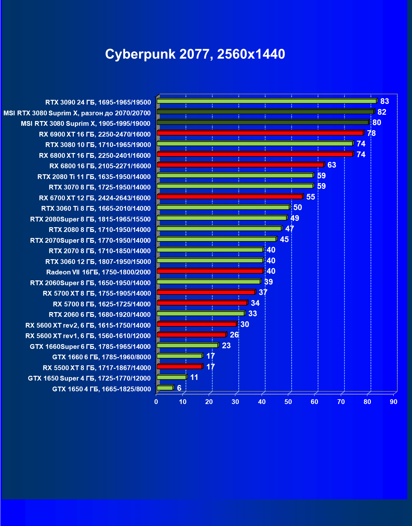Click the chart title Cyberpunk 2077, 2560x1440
click(195, 54)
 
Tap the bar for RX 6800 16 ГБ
click(240, 165)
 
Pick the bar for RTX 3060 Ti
click(223, 207)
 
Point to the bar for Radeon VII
click(210, 271)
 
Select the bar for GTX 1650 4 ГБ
click(165, 388)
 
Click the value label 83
click(384, 101)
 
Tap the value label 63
click(332, 165)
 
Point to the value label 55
click(310, 197)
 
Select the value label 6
click(179, 388)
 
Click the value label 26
click(234, 335)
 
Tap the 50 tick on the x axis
click(288, 402)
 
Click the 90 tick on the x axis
click(394, 402)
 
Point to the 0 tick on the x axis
click(156, 402)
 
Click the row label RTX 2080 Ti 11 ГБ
click(94, 176)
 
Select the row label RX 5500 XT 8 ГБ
click(97, 368)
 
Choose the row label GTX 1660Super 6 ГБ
click(90, 346)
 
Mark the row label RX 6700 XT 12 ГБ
click(95, 198)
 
